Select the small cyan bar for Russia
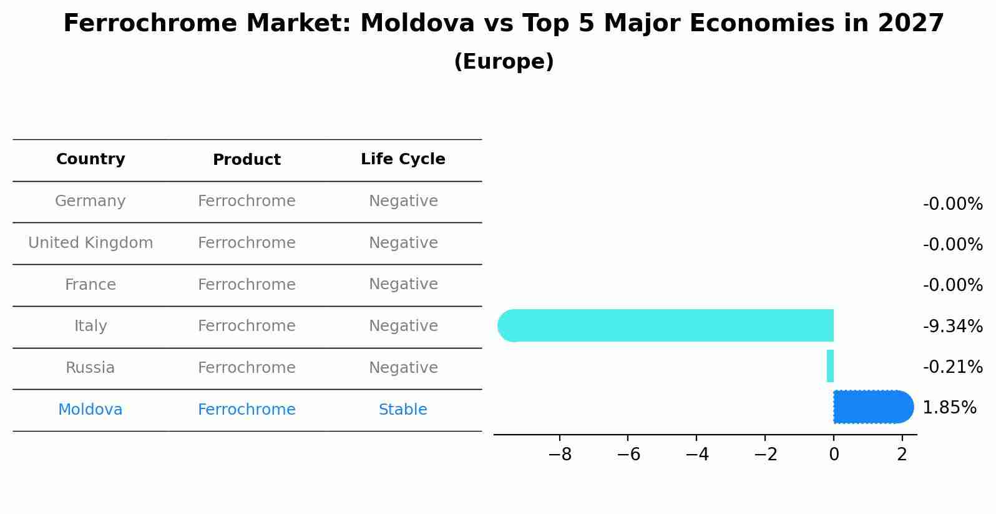[x=830, y=366]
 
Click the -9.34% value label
[x=952, y=326]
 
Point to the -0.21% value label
[x=952, y=367]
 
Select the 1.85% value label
[x=949, y=408]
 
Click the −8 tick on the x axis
[x=560, y=455]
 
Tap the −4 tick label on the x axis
[x=697, y=455]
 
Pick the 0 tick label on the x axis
[x=834, y=455]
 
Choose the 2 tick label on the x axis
[x=902, y=455]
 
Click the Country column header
[x=90, y=159]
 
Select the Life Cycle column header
[x=403, y=159]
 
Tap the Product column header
[x=247, y=160]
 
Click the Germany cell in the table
[x=90, y=201]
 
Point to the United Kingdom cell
[x=90, y=243]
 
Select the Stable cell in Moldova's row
[x=403, y=410]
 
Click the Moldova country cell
[x=90, y=410]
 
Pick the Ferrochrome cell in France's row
[x=247, y=285]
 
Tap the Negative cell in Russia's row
[x=403, y=368]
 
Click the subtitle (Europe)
[x=504, y=62]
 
